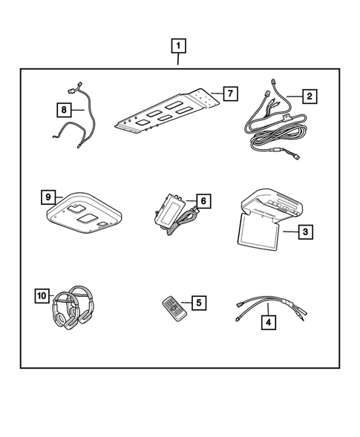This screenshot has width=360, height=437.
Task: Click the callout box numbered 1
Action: [178, 45]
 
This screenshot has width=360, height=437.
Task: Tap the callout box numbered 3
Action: [304, 232]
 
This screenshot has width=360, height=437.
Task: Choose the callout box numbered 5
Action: [197, 303]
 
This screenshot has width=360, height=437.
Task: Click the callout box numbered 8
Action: [65, 110]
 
